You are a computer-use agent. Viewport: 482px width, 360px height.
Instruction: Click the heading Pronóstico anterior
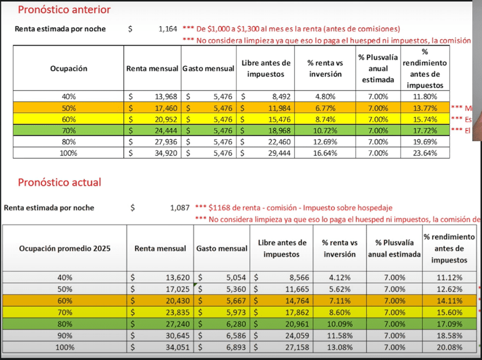(x=64, y=9)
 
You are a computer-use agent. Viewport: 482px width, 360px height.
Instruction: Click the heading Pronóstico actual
(x=59, y=182)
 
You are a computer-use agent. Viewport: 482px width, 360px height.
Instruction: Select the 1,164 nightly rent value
(x=168, y=29)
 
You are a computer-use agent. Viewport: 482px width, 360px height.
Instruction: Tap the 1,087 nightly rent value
(x=179, y=208)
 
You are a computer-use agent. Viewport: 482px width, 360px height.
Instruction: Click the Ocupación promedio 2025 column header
(x=64, y=248)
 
